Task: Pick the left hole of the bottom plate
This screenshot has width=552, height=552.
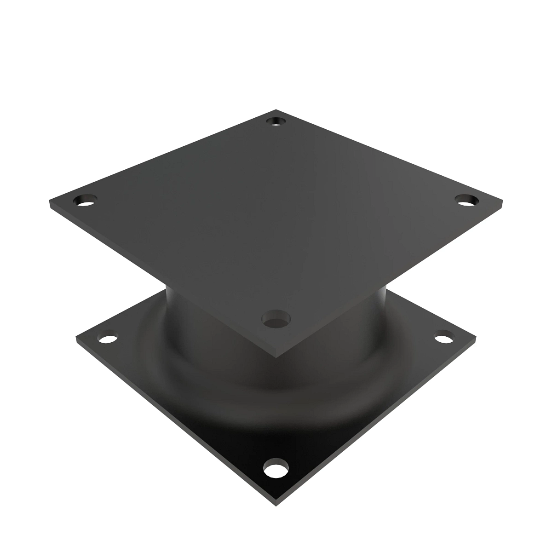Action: pos(108,339)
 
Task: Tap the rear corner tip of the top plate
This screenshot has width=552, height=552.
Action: pos(276,110)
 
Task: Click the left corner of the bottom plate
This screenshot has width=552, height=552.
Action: pos(77,339)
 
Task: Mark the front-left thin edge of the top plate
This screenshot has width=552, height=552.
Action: pos(161,281)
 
